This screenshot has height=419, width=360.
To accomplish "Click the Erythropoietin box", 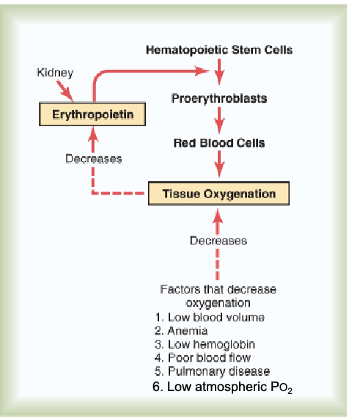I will [92, 114].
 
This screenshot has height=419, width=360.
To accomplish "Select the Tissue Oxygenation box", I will [218, 194].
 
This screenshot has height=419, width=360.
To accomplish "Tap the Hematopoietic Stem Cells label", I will [218, 51].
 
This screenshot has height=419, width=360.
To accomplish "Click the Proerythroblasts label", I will [218, 98].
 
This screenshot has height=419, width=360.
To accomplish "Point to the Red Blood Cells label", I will [218, 143].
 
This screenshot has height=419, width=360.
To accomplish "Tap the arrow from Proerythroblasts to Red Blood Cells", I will [218, 120].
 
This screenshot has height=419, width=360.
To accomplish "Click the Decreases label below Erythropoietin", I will [93, 159].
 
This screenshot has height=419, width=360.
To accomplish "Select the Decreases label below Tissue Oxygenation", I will [218, 240].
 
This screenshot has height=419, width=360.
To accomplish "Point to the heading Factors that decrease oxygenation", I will [218, 296].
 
